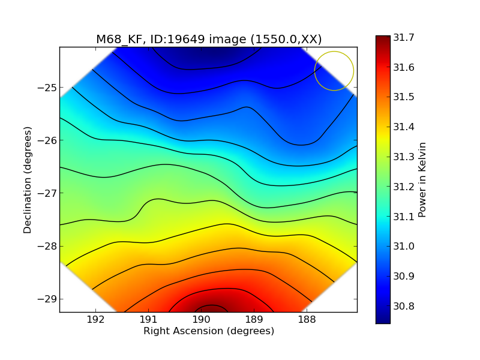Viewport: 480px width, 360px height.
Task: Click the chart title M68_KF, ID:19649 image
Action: [209, 40]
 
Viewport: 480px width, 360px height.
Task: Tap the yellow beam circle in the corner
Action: [334, 71]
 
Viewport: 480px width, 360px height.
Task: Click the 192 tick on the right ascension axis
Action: [96, 320]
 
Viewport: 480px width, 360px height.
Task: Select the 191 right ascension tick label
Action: [148, 320]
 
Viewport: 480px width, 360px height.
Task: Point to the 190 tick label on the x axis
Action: [201, 320]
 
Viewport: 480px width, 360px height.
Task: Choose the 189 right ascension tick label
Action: [254, 320]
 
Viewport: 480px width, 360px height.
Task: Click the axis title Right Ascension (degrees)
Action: [208, 331]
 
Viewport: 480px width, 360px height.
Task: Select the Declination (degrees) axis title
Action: [28, 180]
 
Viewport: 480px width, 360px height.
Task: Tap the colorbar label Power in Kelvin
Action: [422, 179]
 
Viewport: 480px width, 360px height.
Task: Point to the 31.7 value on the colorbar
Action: [404, 38]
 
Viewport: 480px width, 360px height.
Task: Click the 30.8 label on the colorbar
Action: [404, 307]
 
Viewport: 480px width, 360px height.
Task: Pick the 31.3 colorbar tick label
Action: [404, 157]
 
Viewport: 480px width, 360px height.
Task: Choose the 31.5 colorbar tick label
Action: [404, 97]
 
